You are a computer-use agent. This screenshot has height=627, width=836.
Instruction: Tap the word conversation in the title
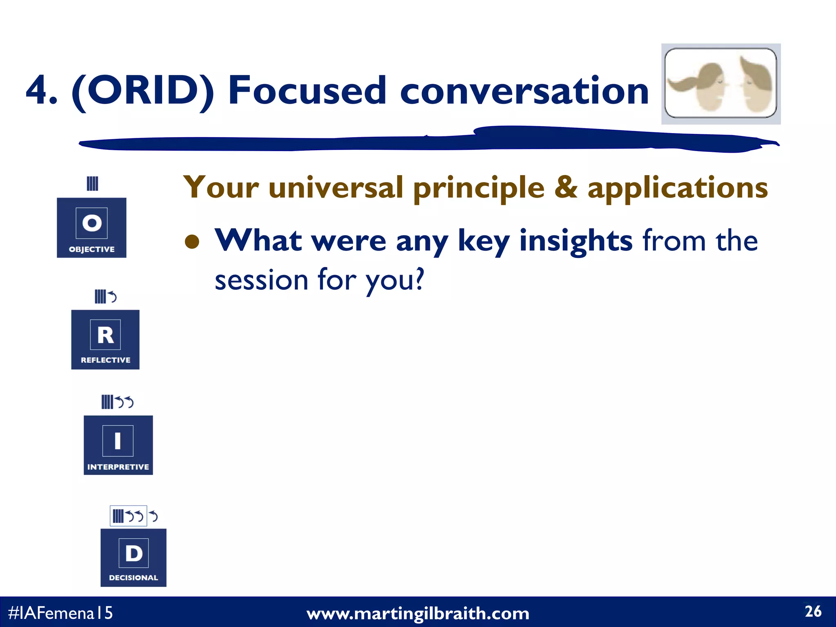coord(524,91)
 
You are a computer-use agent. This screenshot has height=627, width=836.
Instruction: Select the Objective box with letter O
coord(91,227)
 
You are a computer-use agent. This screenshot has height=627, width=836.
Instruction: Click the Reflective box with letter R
coord(105,340)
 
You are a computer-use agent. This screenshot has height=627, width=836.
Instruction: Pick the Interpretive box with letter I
coord(118,445)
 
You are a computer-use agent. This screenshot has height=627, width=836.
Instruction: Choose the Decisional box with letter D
coord(133,558)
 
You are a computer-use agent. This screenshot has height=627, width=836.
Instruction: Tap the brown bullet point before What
coord(192,242)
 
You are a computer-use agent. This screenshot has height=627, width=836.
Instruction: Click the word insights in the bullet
coord(576,241)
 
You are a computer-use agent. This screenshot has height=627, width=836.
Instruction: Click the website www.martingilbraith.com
coord(418,614)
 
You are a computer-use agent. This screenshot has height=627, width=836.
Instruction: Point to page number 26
coord(813,611)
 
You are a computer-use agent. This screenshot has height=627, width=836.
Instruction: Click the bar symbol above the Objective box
coord(92,183)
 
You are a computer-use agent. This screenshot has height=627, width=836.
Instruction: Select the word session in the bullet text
coord(261,280)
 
